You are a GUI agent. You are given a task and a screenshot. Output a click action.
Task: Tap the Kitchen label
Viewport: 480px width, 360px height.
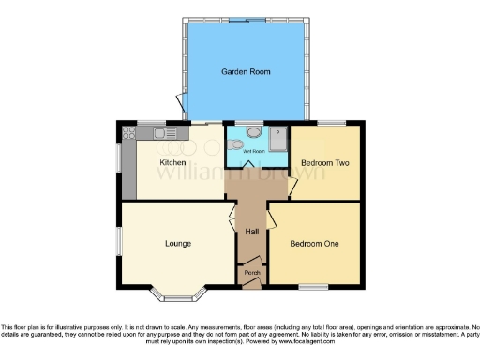coord(172,162)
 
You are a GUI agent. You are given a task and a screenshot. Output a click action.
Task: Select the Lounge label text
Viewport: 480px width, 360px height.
coord(178,244)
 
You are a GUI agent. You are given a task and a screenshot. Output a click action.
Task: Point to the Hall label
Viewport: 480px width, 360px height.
coord(251,232)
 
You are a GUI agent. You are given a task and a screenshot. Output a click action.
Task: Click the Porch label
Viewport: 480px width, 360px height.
coord(251,272)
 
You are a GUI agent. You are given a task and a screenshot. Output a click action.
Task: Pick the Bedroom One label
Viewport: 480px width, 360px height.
coord(314,244)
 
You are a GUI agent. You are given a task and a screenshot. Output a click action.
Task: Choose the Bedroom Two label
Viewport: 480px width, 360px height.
coord(325,162)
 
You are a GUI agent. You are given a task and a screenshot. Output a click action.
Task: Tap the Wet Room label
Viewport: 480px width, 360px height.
coord(252,151)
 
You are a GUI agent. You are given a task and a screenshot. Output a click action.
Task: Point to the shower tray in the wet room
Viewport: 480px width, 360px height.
coord(278,140)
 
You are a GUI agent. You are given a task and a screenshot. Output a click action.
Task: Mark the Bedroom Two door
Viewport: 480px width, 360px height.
coord(292,187)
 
